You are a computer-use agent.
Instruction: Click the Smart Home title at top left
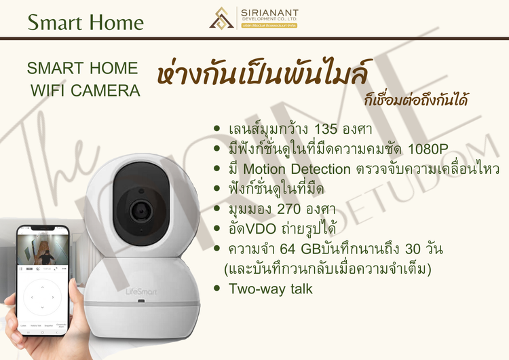pyautogui.click(x=86, y=22)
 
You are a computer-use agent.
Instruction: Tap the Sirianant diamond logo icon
pyautogui.click(x=222, y=18)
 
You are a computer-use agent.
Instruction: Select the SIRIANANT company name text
pyautogui.click(x=269, y=14)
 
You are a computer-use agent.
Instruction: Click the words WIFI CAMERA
pyautogui.click(x=86, y=90)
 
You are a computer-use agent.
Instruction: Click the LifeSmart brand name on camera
pyautogui.click(x=120, y=291)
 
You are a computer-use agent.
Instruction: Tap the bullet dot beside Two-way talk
pyautogui.click(x=216, y=289)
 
